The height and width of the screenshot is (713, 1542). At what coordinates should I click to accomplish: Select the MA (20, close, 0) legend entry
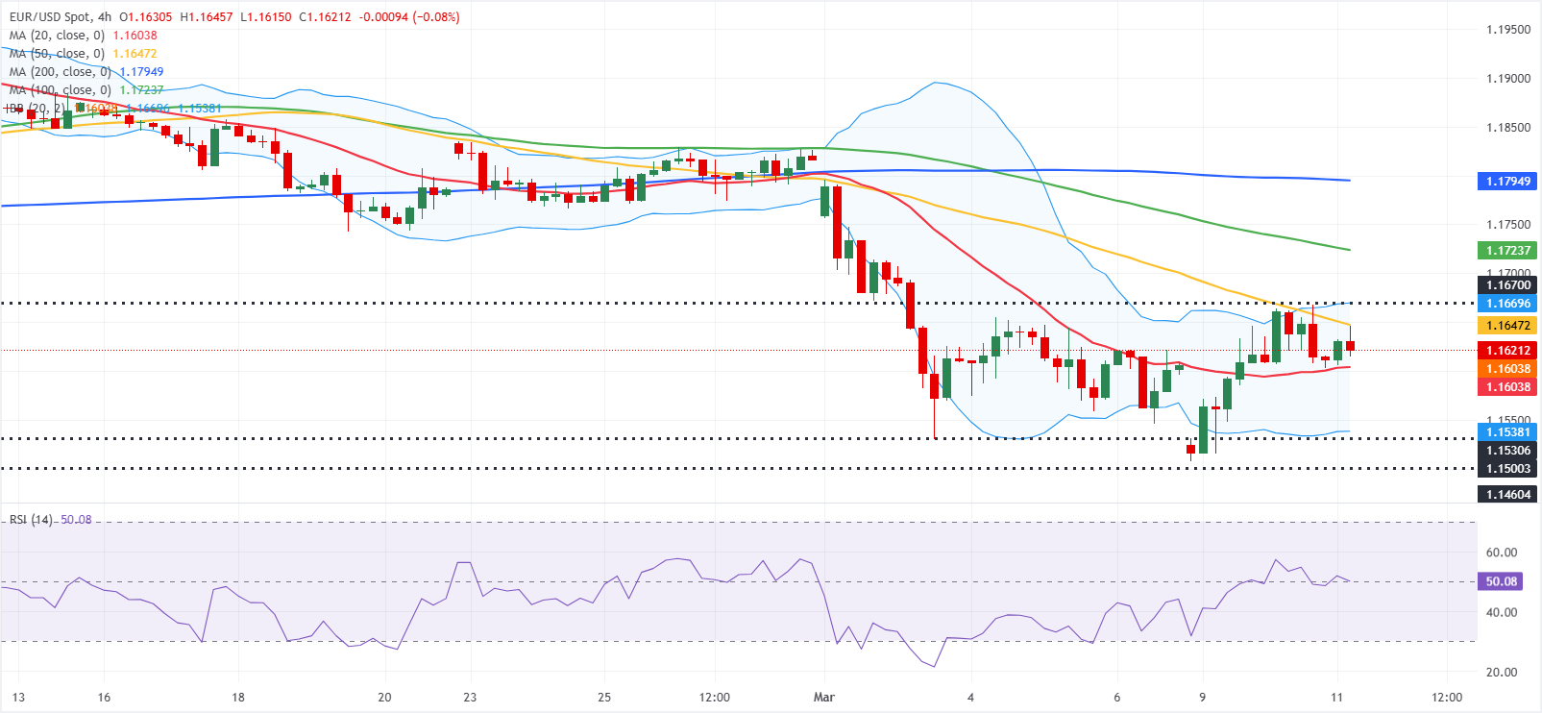click(57, 36)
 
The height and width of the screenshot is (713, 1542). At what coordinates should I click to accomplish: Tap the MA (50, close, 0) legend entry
click(57, 54)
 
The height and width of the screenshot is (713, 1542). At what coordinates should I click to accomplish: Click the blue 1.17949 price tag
click(1507, 181)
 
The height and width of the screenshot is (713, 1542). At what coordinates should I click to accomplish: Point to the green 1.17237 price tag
click(1507, 251)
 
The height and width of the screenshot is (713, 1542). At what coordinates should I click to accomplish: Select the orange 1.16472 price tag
click(1507, 326)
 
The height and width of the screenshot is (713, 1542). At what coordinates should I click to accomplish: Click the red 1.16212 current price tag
click(1507, 351)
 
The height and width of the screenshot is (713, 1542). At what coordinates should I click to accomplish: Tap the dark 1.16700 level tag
click(1507, 285)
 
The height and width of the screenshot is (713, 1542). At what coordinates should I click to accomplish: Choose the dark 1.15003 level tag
click(1507, 469)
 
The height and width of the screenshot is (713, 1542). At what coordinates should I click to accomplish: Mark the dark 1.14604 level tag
click(1507, 495)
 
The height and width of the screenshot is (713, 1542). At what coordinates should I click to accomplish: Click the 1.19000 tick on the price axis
click(1507, 79)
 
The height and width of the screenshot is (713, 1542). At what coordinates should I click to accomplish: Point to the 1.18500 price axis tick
click(1507, 128)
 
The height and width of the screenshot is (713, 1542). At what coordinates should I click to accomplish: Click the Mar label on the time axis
click(823, 698)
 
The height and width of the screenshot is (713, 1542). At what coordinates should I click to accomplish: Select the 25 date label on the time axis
click(604, 698)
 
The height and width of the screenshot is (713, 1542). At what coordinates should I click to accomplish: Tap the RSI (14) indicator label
click(31, 520)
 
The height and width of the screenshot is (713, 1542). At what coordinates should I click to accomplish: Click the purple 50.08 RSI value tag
click(1501, 581)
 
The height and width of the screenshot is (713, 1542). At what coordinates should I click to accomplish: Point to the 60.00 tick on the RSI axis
click(1501, 553)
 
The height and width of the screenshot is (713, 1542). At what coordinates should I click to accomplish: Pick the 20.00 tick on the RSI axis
click(1501, 673)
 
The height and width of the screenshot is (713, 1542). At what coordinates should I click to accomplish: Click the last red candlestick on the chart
click(1350, 346)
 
